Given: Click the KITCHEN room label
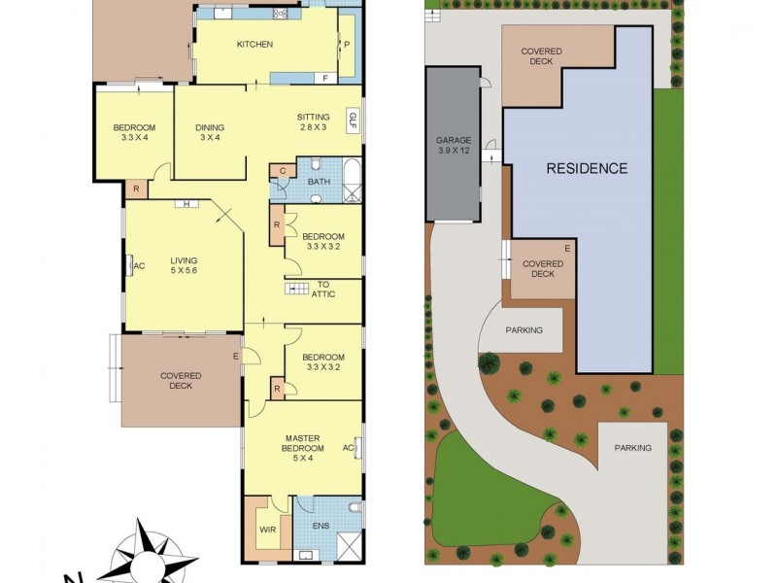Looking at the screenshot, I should pos(254,45).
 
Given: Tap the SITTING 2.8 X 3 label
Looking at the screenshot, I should pos(313,122).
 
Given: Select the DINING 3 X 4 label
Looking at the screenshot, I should pos(210,133).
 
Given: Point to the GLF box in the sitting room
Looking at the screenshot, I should pos(353,121).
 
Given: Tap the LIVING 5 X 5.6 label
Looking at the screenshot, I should pos(184,266).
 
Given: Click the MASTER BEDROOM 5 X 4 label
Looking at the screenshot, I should pos(302,448).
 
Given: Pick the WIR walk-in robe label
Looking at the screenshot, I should pos(267,531).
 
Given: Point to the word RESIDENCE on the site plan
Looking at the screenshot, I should pos(587,168).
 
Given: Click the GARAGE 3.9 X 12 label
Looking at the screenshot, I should pos(454,146).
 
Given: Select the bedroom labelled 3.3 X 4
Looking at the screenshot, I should pos(134,133).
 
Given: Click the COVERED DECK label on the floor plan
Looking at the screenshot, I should pos(181,381).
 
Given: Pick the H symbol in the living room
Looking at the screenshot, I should pos(183,204).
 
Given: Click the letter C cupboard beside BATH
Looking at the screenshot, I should pos(282,171).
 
